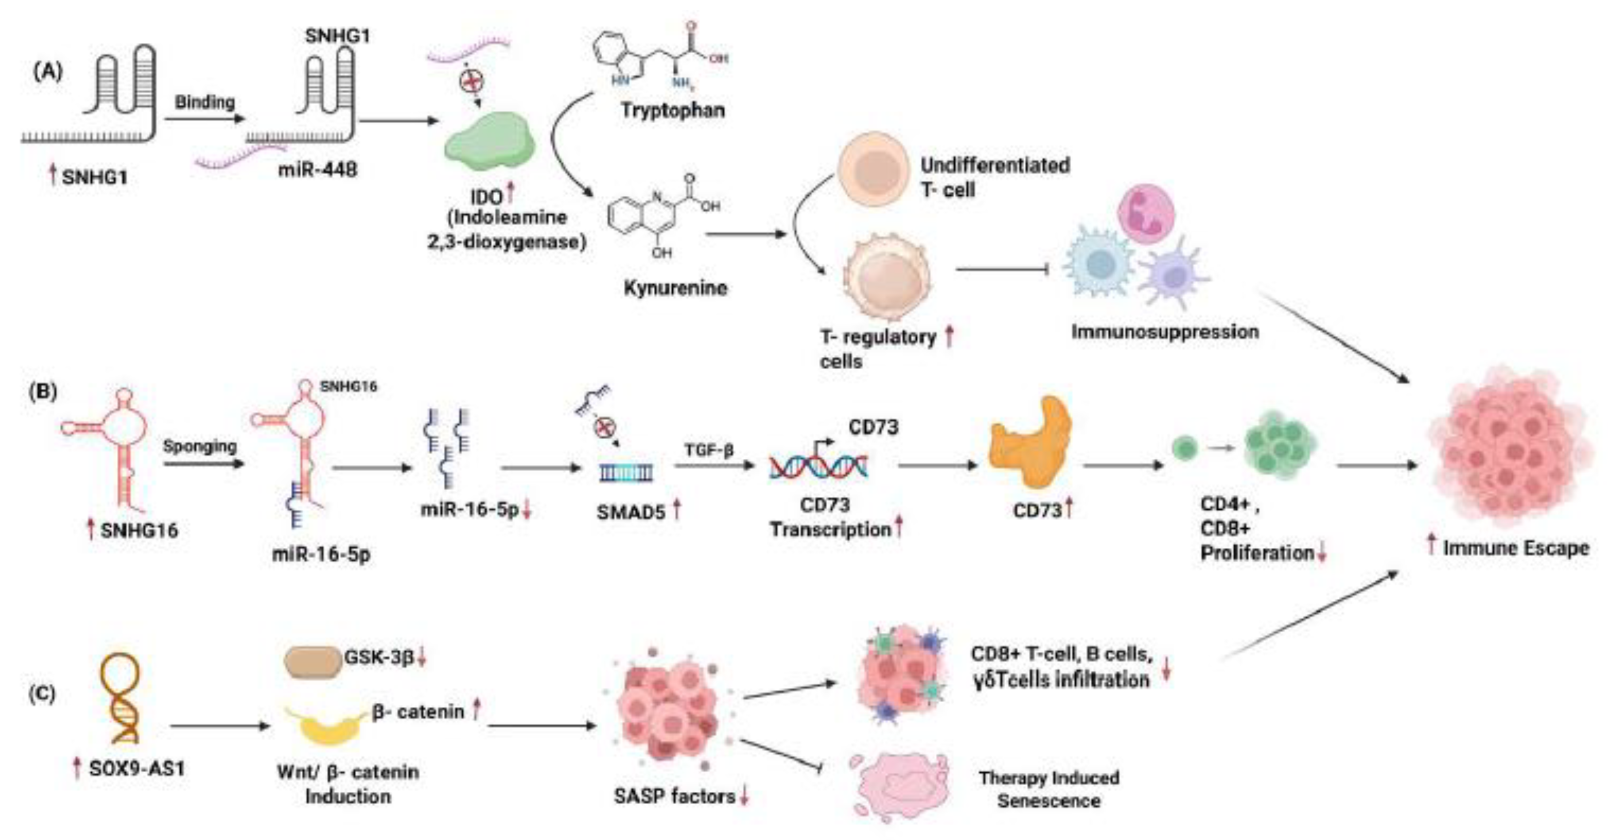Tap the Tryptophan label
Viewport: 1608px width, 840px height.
click(672, 110)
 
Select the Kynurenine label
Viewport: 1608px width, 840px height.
click(675, 288)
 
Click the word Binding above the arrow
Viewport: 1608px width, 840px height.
click(205, 102)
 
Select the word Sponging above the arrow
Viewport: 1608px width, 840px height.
click(200, 446)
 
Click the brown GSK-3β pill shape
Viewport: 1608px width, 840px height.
click(313, 662)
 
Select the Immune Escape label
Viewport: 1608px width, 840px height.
click(1515, 549)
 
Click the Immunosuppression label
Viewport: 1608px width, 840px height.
click(1165, 331)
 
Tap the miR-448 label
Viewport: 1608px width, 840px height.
click(318, 169)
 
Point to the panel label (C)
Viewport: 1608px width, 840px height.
click(43, 693)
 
